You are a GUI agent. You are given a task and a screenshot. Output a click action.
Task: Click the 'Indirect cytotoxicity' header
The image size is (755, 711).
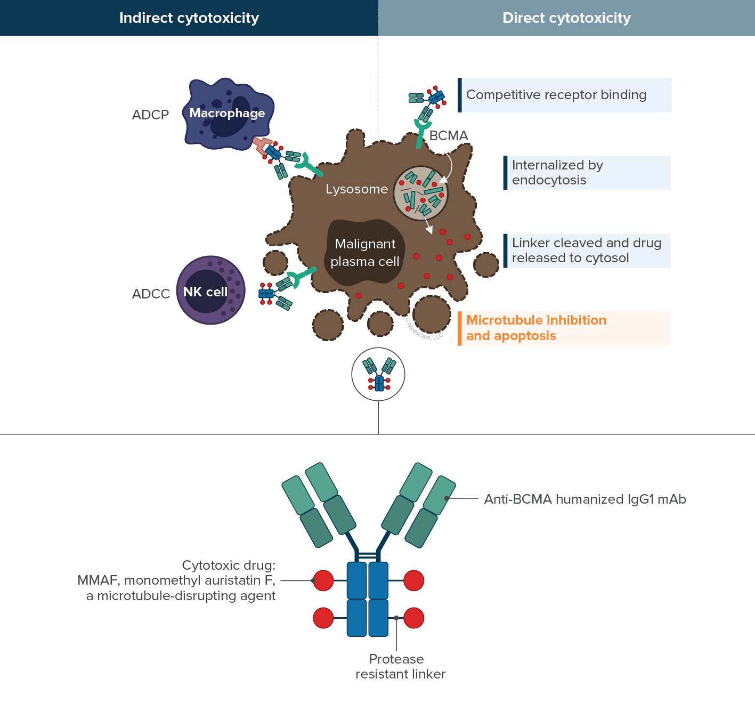[189, 18]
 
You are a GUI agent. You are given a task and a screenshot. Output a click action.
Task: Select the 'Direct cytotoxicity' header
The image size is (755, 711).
[566, 18]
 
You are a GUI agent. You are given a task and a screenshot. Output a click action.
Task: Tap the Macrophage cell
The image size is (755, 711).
[228, 114]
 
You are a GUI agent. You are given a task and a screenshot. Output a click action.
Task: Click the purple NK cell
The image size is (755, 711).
[210, 290]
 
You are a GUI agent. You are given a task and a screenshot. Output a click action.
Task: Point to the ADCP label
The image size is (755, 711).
[150, 115]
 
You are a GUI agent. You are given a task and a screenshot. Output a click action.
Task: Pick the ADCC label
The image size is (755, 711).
[151, 294]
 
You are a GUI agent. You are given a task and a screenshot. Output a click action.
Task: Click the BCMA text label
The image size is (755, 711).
[449, 136]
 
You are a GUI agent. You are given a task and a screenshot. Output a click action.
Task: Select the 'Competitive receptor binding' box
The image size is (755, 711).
[565, 95]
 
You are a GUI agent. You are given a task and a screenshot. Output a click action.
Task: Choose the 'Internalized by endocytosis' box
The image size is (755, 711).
[586, 173]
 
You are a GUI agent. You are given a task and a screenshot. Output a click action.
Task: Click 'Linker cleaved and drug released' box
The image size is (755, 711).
[586, 251]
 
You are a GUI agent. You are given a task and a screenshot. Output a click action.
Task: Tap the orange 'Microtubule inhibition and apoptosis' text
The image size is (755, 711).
[536, 328]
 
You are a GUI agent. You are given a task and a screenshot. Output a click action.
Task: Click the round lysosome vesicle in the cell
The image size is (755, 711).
[420, 192]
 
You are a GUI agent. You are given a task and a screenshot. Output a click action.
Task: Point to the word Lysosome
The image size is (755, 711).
[356, 189]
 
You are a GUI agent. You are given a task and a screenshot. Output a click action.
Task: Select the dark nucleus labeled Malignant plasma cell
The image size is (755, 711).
[365, 253]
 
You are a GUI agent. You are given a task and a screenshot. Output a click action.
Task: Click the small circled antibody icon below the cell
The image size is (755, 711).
[378, 374]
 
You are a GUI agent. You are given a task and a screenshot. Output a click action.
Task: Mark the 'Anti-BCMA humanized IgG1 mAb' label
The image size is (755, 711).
[584, 499]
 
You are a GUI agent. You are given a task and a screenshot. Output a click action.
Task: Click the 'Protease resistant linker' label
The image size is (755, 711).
[400, 666]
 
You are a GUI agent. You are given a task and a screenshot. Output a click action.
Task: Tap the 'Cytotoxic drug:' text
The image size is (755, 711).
[229, 565]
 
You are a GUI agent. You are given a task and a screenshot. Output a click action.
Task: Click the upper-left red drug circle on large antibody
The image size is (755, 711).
[323, 580]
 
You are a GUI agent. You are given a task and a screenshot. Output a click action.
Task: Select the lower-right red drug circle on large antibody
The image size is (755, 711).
[414, 618]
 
